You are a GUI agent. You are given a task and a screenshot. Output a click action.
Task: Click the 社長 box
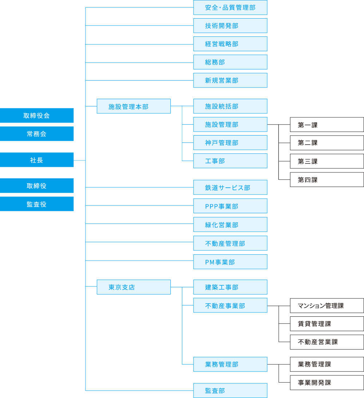37,160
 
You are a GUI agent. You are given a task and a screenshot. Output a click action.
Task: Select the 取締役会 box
37,116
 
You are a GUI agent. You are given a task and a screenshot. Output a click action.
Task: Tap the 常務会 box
37,134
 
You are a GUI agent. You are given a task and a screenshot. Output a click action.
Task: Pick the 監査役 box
37,204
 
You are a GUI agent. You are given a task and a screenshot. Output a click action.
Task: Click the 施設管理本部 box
134,106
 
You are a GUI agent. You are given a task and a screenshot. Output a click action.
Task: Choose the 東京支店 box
134,287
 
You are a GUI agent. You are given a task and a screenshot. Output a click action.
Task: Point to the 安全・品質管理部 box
230,7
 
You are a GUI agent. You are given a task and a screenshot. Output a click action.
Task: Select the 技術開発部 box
230,26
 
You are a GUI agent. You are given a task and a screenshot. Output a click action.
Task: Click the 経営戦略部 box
230,44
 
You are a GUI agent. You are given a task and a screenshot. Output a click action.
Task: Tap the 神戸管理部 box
230,143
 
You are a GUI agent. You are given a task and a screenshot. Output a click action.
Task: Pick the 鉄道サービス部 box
230,187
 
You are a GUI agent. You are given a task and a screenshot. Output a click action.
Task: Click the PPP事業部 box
230,206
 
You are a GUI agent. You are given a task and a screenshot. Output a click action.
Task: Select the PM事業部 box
230,262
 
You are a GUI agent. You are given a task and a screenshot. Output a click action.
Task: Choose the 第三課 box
327,161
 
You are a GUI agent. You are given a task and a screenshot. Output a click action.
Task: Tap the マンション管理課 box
327,305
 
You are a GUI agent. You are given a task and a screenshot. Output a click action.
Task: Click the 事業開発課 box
327,383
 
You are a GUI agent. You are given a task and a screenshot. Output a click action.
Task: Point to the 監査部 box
230,390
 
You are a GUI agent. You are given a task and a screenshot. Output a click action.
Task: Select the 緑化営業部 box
230,225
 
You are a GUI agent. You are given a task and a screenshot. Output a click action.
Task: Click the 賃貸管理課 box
327,324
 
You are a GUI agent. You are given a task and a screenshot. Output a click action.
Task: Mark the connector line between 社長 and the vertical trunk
79,160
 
